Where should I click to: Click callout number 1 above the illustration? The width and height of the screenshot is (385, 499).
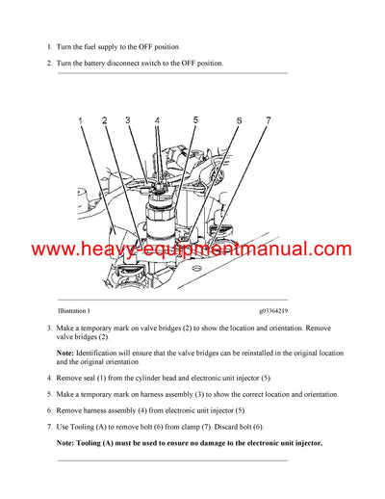click(x=82, y=121)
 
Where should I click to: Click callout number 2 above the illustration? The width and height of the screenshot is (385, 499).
click(x=104, y=121)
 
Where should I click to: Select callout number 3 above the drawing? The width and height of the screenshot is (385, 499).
click(x=127, y=121)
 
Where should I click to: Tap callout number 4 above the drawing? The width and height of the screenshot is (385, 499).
click(x=157, y=122)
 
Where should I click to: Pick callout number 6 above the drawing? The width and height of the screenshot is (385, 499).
click(x=238, y=121)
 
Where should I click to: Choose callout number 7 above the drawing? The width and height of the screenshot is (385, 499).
click(x=269, y=120)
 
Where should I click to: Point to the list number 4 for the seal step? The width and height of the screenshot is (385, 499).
click(x=48, y=379)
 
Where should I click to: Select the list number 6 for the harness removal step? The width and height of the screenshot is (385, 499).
click(x=48, y=409)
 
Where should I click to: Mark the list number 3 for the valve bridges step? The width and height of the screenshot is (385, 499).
click(x=48, y=328)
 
